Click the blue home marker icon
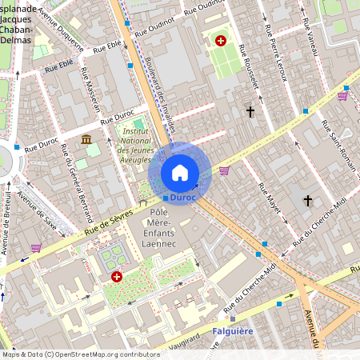point(180,173)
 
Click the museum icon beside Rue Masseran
point(86,140)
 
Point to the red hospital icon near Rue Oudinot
point(221,39)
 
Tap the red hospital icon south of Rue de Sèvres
point(117,276)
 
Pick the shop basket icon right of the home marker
point(224,170)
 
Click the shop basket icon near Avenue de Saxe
point(36,248)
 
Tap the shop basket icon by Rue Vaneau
point(342,96)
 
